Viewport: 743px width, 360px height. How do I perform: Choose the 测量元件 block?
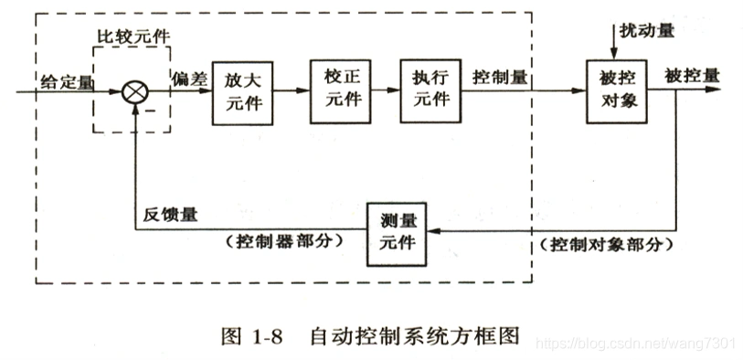pos(396,232)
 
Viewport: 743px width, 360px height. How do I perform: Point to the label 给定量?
pos(66,82)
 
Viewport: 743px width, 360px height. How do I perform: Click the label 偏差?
pos(186,79)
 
